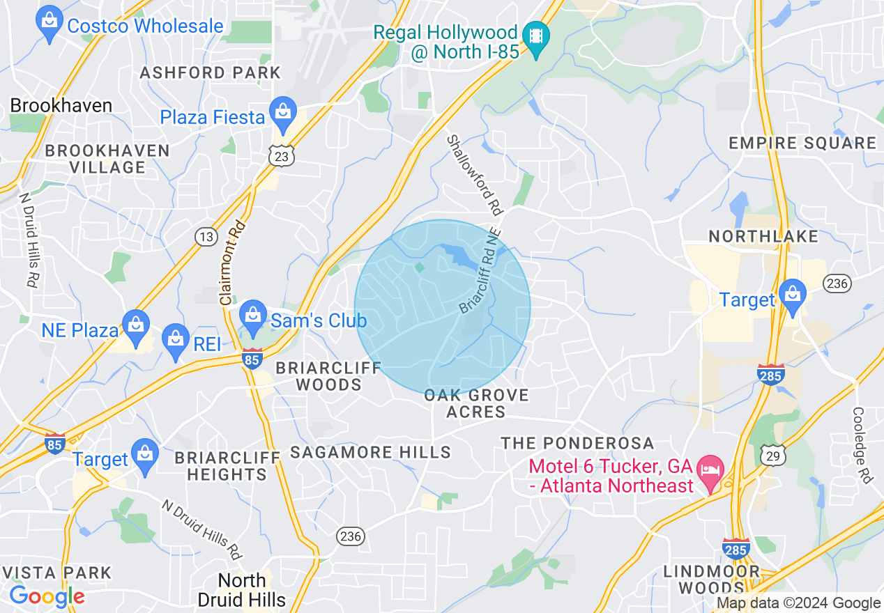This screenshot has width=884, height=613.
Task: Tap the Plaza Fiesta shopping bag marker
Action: click(282, 115)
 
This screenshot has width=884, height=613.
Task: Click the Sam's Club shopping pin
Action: click(253, 318)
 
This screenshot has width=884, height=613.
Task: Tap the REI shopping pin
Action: click(176, 341)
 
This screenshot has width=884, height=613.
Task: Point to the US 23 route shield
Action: click(281, 157)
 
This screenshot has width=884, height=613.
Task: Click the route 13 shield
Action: click(206, 238)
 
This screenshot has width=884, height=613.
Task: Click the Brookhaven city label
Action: click(61, 106)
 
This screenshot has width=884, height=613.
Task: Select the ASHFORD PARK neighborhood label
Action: click(210, 72)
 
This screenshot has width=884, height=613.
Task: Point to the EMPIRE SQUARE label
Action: click(802, 143)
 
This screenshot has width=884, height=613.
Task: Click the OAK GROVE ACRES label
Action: click(477, 404)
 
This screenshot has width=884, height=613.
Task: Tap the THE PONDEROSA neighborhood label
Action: click(578, 443)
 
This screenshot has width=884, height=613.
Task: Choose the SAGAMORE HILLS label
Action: click(370, 452)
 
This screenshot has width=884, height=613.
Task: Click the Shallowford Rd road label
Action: click(475, 173)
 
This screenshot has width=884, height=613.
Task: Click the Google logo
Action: click(47, 597)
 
